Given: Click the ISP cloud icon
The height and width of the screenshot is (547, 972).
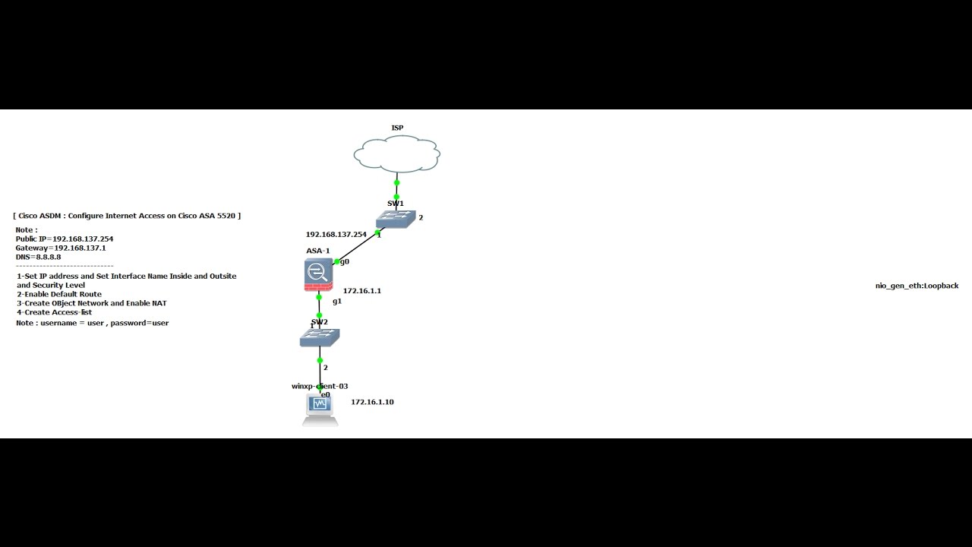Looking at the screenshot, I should coord(396,155).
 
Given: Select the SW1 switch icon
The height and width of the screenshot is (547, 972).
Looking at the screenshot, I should coord(396,220).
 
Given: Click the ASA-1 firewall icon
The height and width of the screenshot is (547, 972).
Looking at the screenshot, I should coord(317,274).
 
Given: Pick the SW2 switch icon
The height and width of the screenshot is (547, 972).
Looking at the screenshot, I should coord(319,337).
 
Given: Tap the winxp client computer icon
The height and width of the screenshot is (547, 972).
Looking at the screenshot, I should coord(320,409).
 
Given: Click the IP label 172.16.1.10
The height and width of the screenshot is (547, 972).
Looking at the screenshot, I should coord(372,402).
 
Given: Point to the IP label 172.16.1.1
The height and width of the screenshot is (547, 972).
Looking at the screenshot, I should coord(362,291).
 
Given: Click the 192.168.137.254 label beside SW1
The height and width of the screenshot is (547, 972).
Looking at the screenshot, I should coord(336,235).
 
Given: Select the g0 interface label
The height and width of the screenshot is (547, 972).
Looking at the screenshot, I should coord(345,261).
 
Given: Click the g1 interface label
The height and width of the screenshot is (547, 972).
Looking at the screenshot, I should coord(337,301).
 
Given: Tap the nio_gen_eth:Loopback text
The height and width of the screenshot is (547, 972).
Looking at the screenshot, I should coord(917,286).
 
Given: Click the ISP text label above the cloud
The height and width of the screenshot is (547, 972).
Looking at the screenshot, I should coord(397,128).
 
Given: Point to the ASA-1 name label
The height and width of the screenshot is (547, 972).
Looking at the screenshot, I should coord(317,251).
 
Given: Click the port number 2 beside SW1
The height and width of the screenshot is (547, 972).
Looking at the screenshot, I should coord(421,218).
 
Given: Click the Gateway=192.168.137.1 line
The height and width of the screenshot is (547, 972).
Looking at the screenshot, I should coord(61,248).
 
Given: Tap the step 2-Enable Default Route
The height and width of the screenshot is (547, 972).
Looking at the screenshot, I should coord(59,294).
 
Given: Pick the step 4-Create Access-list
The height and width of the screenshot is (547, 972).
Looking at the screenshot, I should coord(55,312).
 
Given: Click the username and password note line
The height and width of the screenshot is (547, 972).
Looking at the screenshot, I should coord(92,323).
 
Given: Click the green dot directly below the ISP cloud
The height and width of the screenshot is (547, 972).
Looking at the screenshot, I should coord(396,182).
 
